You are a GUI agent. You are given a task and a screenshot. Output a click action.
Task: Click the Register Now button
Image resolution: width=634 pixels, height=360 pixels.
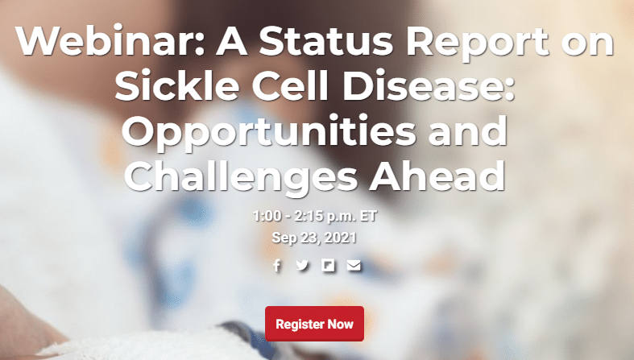point(314,324)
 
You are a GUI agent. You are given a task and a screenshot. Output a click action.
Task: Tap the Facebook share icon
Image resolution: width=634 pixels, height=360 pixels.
point(276,265)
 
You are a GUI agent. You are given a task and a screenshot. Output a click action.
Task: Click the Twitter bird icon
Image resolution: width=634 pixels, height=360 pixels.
point(302,265)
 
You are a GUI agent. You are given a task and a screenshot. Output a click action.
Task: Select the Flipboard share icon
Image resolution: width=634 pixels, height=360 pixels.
point(328,265)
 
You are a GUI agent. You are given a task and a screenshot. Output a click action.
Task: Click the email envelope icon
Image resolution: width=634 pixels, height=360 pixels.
point(354,265)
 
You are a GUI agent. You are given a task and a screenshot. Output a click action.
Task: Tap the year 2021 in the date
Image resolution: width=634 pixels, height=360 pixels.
point(341,238)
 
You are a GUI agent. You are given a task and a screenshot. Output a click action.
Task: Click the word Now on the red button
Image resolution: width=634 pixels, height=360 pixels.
point(340,324)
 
